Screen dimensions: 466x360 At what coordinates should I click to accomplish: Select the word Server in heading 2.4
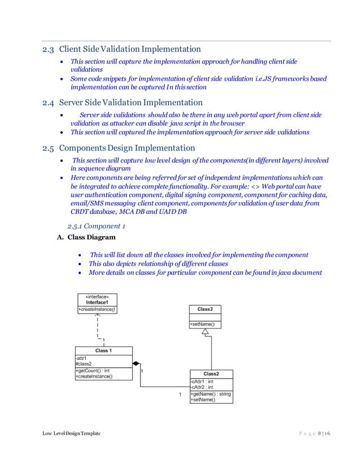point(74,103)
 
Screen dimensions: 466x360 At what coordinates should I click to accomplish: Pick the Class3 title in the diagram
point(204,310)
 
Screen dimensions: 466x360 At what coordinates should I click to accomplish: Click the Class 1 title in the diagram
point(103,350)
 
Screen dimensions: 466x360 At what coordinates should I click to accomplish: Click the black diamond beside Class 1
point(136,364)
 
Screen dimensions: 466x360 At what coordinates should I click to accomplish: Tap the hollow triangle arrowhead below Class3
point(205,332)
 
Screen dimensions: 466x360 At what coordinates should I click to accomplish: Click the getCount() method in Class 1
point(93,371)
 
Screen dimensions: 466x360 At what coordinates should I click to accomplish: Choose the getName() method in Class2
point(210,394)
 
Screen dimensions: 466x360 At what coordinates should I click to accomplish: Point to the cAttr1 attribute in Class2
point(201,381)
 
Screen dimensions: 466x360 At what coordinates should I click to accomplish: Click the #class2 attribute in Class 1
point(84,364)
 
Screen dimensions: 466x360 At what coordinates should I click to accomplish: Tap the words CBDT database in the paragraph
point(94,212)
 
